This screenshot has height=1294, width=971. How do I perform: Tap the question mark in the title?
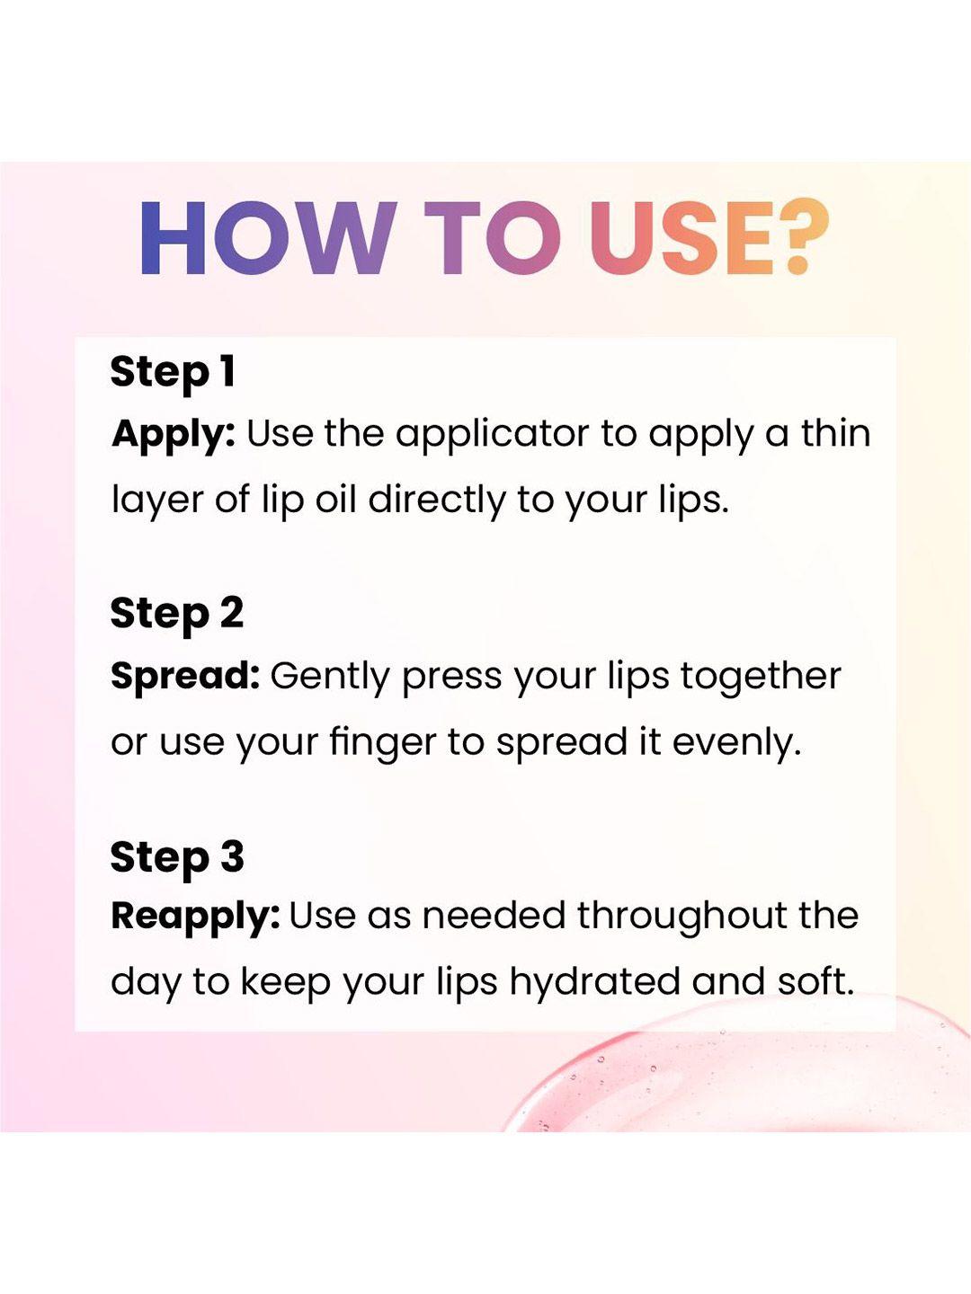pos(803,236)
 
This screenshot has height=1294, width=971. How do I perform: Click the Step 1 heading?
pos(173,372)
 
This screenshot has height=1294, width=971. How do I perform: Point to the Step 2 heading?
pos(177,614)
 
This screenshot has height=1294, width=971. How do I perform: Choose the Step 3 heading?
pos(177,857)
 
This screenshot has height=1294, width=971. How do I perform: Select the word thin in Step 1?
pos(835,433)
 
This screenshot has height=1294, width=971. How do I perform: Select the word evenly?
pos(737,745)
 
